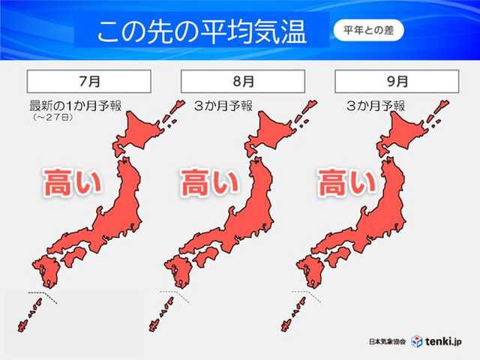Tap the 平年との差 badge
(367, 32)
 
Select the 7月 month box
(89, 81)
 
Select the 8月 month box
(242, 81)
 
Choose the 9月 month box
(395, 81)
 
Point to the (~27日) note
(50, 118)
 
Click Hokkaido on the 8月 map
(278, 131)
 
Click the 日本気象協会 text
(388, 341)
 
